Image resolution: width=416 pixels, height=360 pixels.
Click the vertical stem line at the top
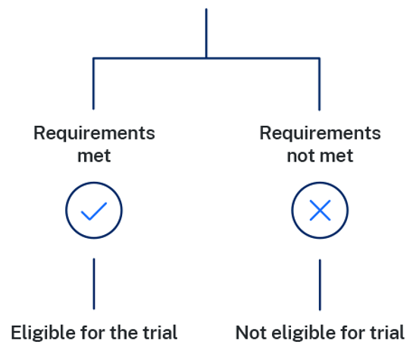click(206, 33)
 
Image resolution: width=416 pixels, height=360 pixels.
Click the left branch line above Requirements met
click(93, 83)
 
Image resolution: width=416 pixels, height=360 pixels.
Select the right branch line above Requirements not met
click(319, 84)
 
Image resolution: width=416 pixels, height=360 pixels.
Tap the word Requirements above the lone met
click(94, 133)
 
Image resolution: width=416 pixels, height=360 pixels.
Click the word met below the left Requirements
click(94, 155)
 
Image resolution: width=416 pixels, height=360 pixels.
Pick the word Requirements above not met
click(320, 133)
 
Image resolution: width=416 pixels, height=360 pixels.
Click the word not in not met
click(302, 155)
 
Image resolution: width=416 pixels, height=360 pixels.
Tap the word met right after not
click(336, 155)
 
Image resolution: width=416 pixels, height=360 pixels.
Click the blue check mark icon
click(94, 211)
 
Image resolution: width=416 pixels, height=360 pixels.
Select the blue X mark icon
click(320, 211)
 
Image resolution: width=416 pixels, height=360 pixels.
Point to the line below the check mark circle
click(94, 283)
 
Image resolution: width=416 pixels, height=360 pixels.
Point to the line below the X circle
click(320, 285)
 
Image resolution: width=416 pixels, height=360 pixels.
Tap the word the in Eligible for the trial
click(125, 333)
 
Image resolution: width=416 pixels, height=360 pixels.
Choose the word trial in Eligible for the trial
click(160, 333)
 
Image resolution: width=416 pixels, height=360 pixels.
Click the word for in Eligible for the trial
click(93, 333)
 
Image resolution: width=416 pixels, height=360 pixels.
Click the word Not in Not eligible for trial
click(251, 333)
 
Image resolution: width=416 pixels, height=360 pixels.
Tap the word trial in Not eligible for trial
click(387, 333)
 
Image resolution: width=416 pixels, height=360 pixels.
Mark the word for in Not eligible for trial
click(353, 333)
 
